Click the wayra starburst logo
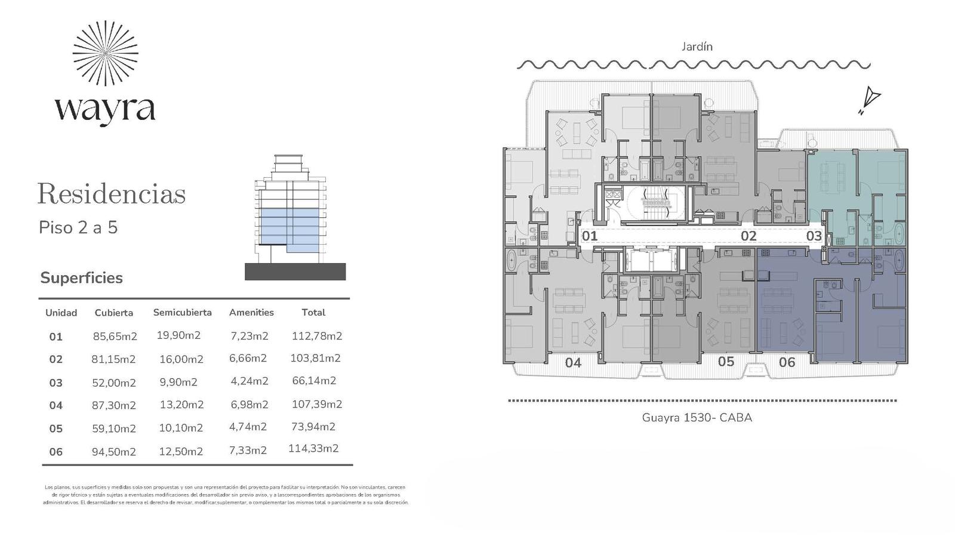point(105,53)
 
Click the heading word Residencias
point(112,194)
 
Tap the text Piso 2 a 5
point(78,227)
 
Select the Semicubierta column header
point(183,313)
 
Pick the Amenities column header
point(251,313)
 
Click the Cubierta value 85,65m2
point(115,337)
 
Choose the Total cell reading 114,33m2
point(313,448)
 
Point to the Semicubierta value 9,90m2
point(178,382)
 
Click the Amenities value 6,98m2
point(249,405)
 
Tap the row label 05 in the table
point(56,428)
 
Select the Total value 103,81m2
point(316,358)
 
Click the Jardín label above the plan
point(697,47)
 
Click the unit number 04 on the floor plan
point(573,363)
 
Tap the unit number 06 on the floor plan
point(787,362)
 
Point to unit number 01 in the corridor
point(590,236)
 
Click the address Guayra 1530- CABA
point(697,418)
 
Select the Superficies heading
point(81,278)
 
